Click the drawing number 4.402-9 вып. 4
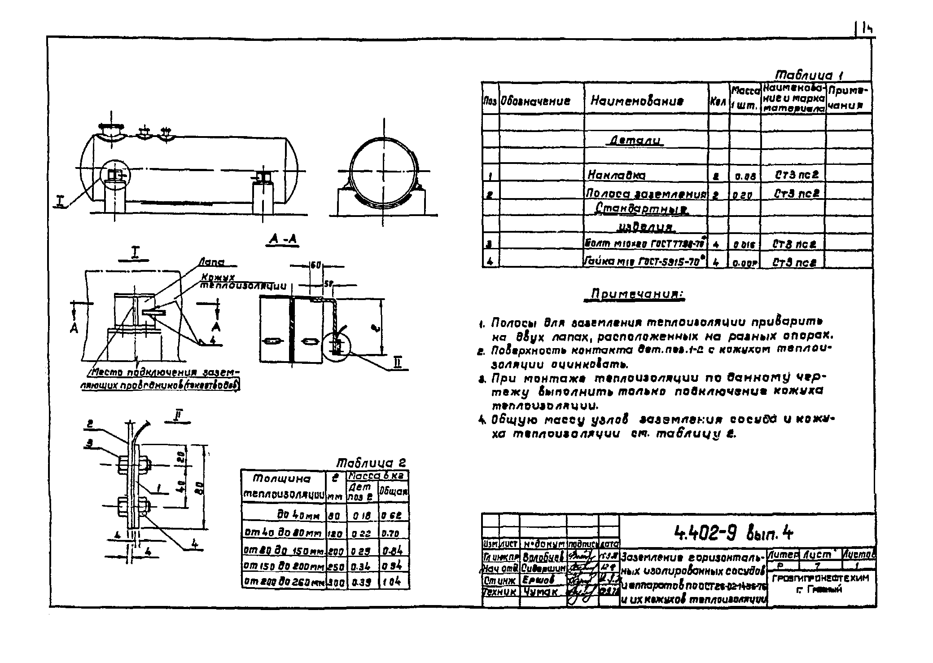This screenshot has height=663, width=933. (x=733, y=534)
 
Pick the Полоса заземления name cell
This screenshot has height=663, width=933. (x=646, y=194)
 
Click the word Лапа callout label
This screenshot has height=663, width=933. (x=211, y=263)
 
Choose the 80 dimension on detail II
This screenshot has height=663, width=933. (x=202, y=487)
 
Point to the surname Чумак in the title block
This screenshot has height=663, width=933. (x=540, y=592)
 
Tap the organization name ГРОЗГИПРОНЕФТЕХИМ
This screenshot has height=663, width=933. (x=821, y=578)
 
